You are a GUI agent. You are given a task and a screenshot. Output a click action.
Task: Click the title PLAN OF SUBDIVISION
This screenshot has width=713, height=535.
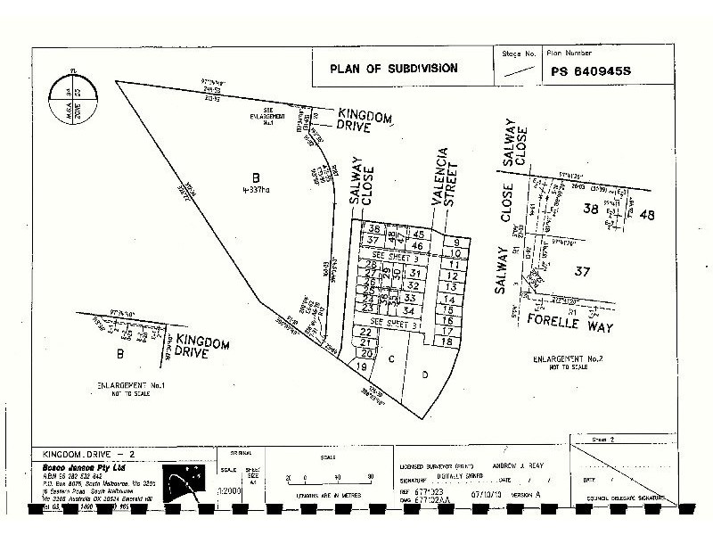click(393, 68)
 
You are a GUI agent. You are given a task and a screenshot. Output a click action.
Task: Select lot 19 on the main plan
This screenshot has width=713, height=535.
click(361, 367)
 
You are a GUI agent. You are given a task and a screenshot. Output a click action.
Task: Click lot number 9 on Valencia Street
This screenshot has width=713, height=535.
click(455, 243)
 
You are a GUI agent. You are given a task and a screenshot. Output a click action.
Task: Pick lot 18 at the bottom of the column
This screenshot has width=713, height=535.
click(447, 342)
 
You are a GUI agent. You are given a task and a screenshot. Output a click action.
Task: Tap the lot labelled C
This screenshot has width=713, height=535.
click(391, 358)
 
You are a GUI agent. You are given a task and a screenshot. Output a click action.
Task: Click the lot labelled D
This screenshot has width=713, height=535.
click(425, 374)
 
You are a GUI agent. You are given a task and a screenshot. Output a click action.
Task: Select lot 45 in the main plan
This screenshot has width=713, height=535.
click(417, 234)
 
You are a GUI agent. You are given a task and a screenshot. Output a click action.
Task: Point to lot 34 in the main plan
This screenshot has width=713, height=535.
click(409, 310)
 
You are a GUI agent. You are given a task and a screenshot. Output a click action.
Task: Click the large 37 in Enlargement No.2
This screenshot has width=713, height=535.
click(583, 272)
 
